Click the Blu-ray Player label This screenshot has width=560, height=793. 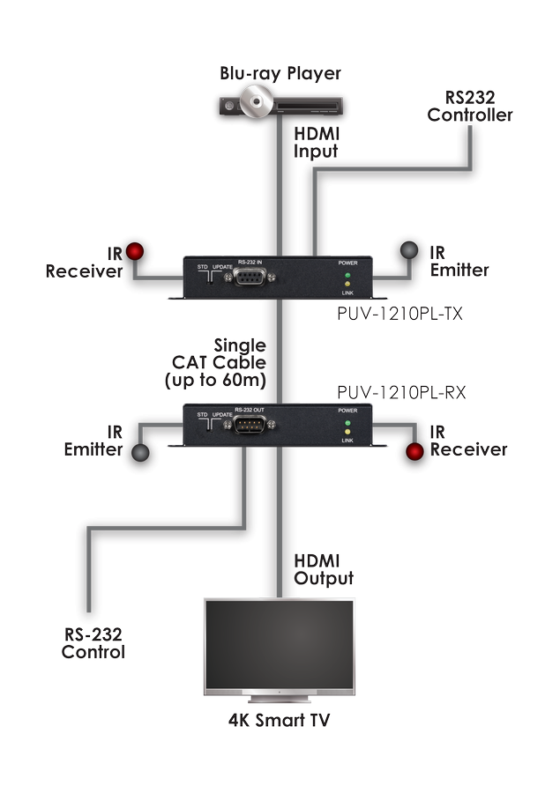(280, 73)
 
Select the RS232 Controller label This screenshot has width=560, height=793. (470, 107)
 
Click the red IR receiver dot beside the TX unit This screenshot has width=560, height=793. (135, 250)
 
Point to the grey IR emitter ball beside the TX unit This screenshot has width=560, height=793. (409, 250)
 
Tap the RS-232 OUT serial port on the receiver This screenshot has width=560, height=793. (250, 427)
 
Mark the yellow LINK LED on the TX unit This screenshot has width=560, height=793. (347, 283)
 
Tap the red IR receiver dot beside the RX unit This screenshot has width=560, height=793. (413, 452)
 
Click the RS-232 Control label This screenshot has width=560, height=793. (93, 644)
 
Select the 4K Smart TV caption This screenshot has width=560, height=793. (279, 722)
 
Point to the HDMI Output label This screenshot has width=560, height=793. (325, 570)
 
